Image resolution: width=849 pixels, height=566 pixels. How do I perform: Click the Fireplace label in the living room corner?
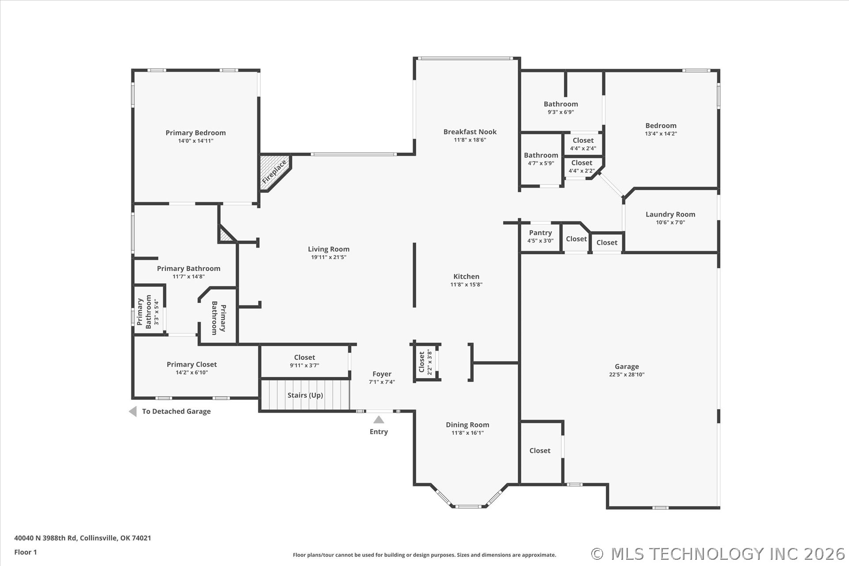pyautogui.click(x=274, y=172)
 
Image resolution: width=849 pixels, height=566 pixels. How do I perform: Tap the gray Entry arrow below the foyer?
pyautogui.click(x=379, y=420)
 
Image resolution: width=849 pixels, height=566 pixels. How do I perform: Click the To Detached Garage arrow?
pyautogui.click(x=133, y=412)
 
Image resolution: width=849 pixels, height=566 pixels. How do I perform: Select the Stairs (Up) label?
pyautogui.click(x=305, y=395)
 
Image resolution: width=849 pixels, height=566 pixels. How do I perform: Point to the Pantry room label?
pyautogui.click(x=540, y=233)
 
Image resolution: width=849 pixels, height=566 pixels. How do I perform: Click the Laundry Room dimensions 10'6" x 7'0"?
pyautogui.click(x=670, y=222)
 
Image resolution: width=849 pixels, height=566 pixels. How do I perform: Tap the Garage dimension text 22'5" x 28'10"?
pyautogui.click(x=626, y=375)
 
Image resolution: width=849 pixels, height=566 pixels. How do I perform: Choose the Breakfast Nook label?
pyautogui.click(x=470, y=132)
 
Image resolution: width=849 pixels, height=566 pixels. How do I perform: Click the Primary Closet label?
pyautogui.click(x=191, y=364)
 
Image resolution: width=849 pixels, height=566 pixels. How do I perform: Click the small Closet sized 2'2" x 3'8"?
pyautogui.click(x=424, y=362)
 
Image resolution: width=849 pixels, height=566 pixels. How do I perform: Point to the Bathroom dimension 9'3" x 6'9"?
pyautogui.click(x=560, y=112)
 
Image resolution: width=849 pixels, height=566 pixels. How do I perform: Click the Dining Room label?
pyautogui.click(x=467, y=425)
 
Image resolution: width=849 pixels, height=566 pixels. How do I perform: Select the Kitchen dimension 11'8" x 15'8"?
pyautogui.click(x=466, y=285)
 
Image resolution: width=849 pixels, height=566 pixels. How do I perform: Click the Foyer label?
pyautogui.click(x=382, y=374)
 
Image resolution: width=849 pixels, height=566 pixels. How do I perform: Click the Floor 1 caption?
pyautogui.click(x=26, y=552)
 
